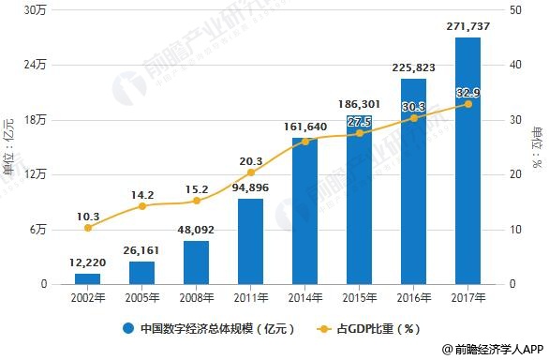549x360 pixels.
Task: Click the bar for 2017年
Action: (467, 160)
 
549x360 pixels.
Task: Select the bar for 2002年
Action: (87, 278)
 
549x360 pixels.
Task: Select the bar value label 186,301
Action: (359, 103)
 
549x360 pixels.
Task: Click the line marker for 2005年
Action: (141, 205)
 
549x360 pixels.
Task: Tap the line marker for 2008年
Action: (196, 201)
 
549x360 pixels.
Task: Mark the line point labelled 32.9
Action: (467, 104)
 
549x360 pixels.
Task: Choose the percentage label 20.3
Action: (250, 160)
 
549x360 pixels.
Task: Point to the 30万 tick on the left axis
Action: (36, 10)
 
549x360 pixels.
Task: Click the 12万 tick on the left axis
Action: (36, 174)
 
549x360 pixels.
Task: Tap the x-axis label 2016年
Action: (413, 298)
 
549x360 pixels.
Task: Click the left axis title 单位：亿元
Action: (9, 146)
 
